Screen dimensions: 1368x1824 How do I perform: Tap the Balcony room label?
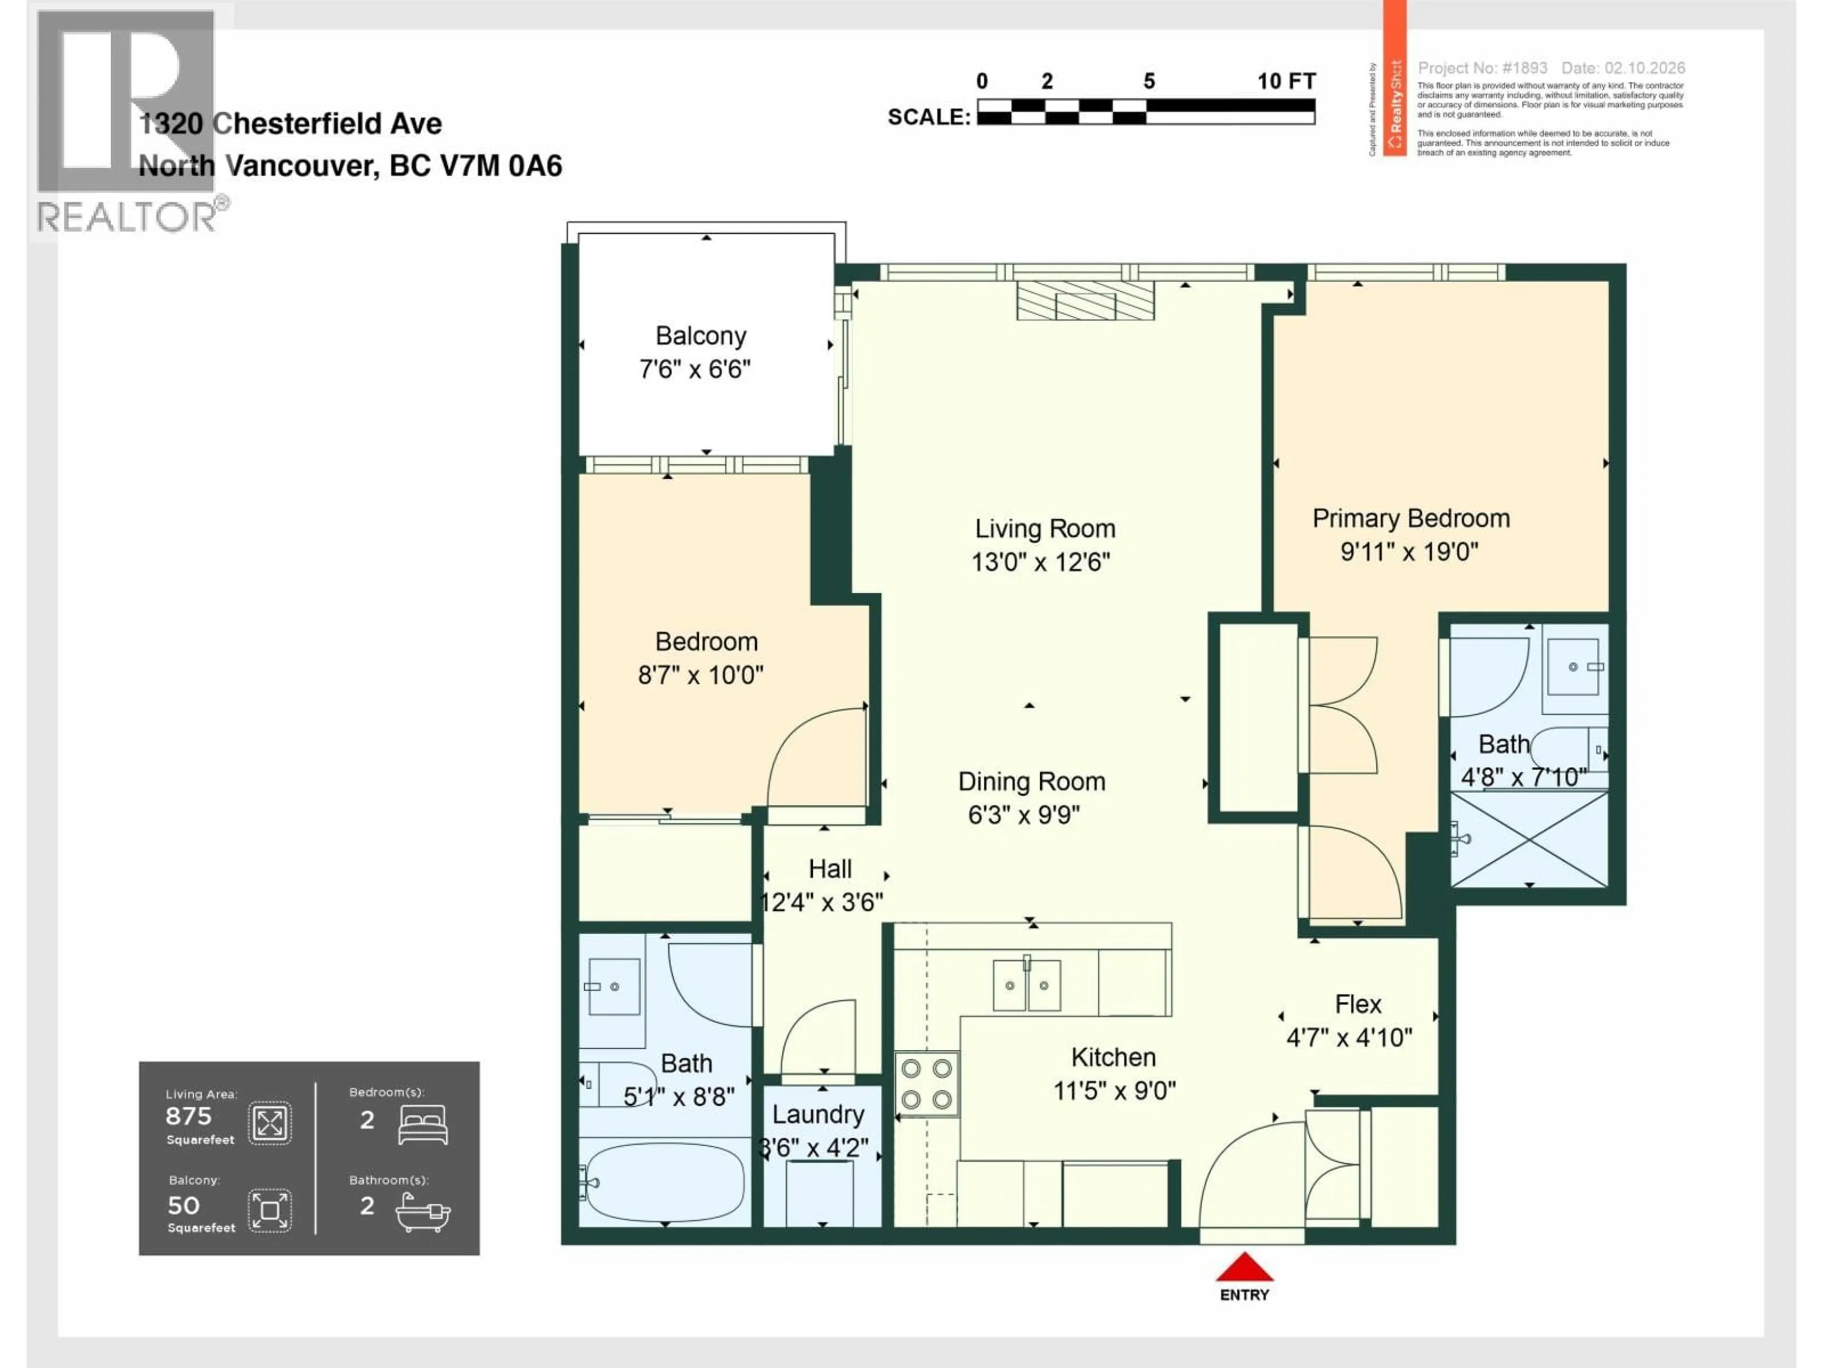click(x=701, y=336)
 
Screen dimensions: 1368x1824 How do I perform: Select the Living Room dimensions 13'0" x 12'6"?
click(x=1041, y=562)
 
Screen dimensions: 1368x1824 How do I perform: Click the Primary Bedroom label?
click(x=1411, y=519)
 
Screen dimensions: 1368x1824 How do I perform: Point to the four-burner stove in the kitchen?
click(x=927, y=1083)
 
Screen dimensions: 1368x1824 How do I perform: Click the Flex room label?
click(x=1357, y=1004)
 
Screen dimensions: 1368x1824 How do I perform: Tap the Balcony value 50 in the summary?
click(x=183, y=1206)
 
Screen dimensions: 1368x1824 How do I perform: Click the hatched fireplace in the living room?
click(x=1085, y=301)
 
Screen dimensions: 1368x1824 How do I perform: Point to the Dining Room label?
click(x=1032, y=782)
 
